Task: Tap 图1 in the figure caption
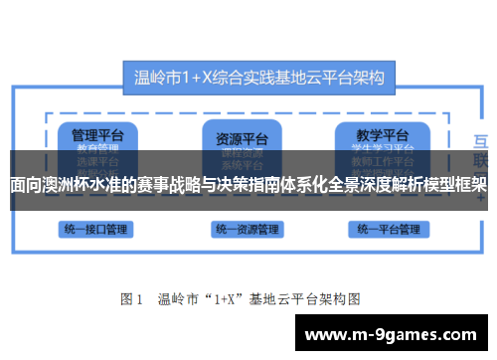click(x=133, y=297)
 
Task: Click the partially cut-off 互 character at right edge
click(x=482, y=139)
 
